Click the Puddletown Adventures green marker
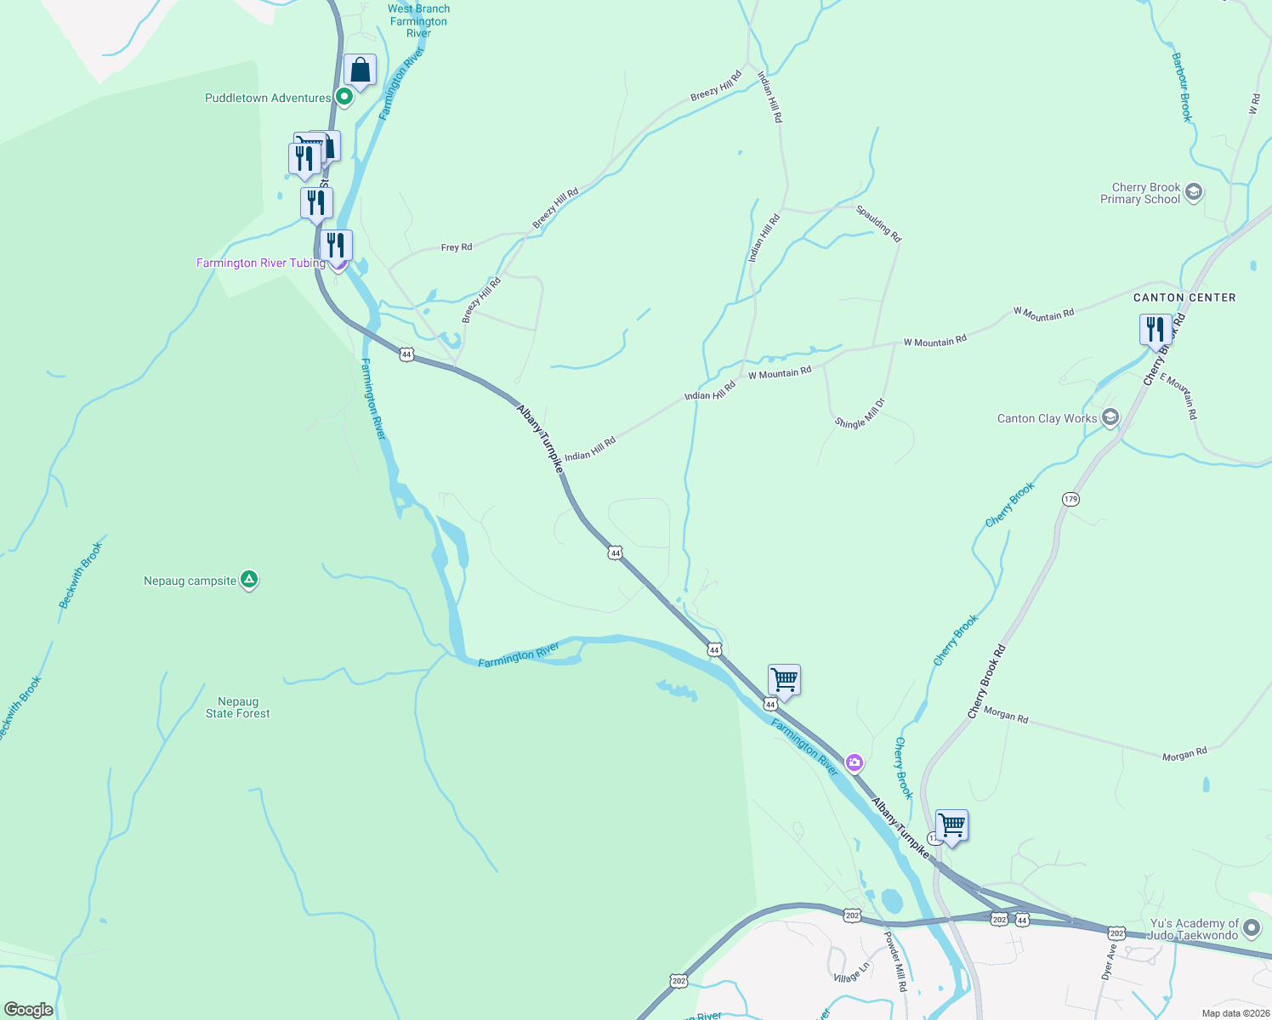pyautogui.click(x=344, y=97)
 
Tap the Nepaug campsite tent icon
pyautogui.click(x=249, y=580)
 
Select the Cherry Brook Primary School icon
pyautogui.click(x=1193, y=192)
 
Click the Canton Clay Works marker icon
pyautogui.click(x=1110, y=417)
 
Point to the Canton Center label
pyautogui.click(x=1184, y=297)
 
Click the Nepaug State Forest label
pyautogui.click(x=238, y=708)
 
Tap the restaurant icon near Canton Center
pyautogui.click(x=1155, y=329)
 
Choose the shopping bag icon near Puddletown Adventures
pyautogui.click(x=360, y=71)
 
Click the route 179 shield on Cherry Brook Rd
pyautogui.click(x=1070, y=499)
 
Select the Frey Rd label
pyautogui.click(x=457, y=247)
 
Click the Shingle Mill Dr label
pyautogui.click(x=860, y=413)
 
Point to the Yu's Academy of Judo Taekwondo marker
pyautogui.click(x=1251, y=927)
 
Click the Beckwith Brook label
pyautogui.click(x=80, y=575)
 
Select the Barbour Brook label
pyautogui.click(x=1181, y=88)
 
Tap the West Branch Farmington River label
pyautogui.click(x=418, y=21)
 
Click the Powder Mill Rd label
pyautogui.click(x=895, y=961)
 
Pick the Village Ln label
pyautogui.click(x=851, y=972)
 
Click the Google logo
pyautogui.click(x=29, y=1010)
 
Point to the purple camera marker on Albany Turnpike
pyautogui.click(x=855, y=762)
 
